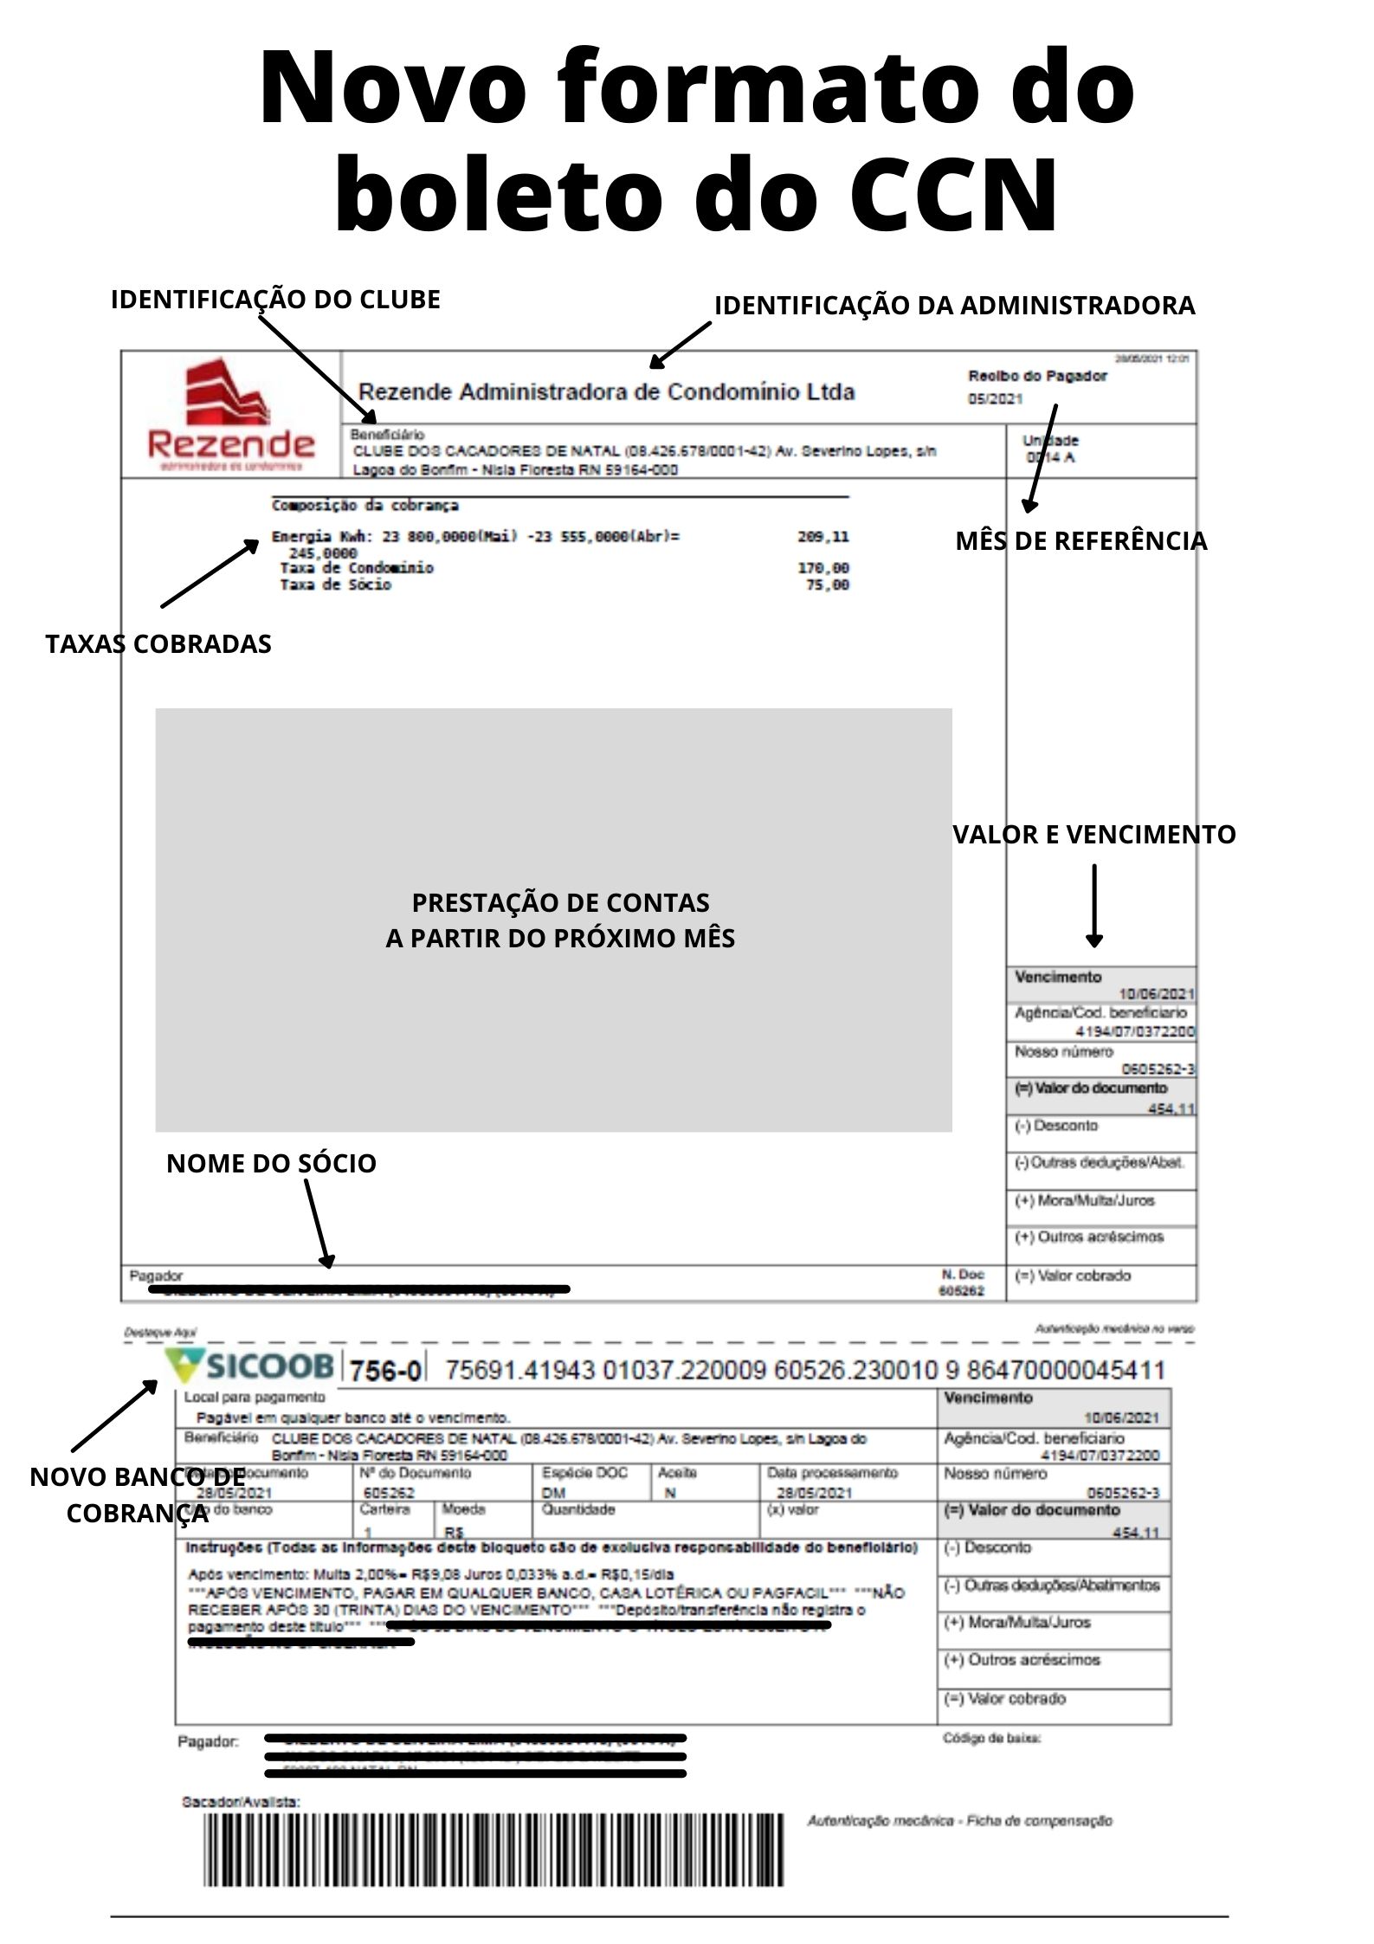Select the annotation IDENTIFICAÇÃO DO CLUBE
click(275, 300)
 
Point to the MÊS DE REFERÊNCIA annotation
click(1080, 541)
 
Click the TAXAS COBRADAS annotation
click(158, 644)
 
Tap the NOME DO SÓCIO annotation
click(271, 1163)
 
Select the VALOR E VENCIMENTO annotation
click(1094, 835)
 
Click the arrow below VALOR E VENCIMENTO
click(1094, 905)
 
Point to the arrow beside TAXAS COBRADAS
click(210, 572)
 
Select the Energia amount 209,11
click(823, 537)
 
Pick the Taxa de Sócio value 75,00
click(828, 585)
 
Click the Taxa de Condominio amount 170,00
click(823, 568)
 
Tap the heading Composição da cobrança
click(364, 506)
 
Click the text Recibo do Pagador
click(1037, 376)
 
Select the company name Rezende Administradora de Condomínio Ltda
click(606, 392)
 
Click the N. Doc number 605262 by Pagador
click(962, 1291)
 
